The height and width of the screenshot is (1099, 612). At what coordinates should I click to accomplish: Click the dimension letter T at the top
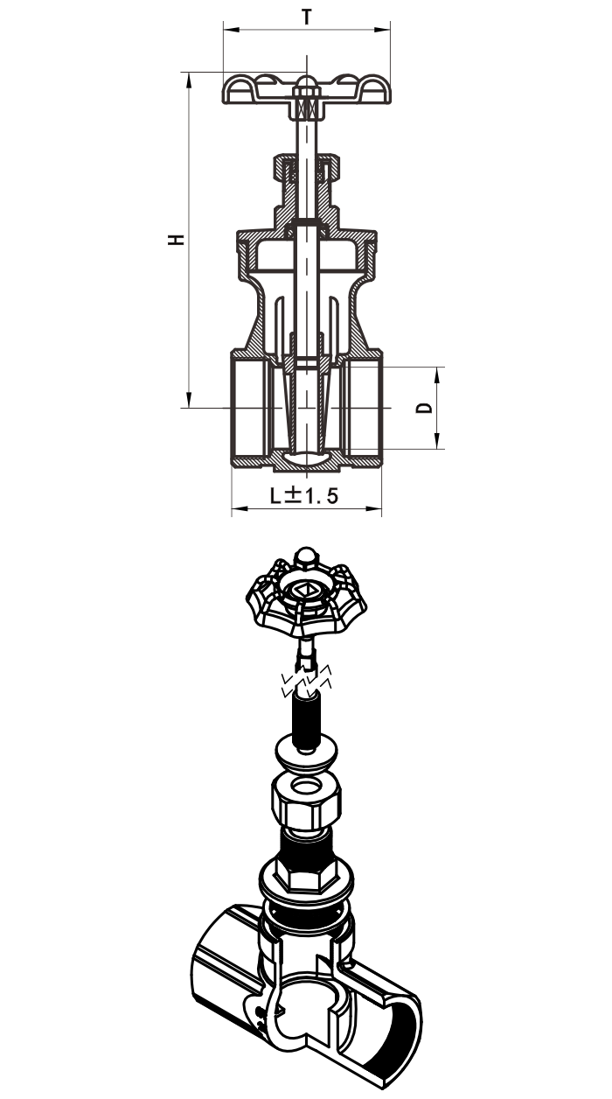pyautogui.click(x=307, y=17)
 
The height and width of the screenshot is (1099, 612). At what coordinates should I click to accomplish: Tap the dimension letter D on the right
pyautogui.click(x=424, y=408)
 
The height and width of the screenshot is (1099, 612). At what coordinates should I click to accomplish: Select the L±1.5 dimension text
pyautogui.click(x=304, y=496)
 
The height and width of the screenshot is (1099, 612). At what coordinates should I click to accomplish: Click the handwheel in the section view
pyautogui.click(x=307, y=89)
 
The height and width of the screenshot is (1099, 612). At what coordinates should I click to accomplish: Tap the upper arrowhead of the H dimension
pyautogui.click(x=189, y=80)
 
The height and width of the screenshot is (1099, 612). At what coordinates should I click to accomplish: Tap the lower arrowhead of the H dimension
pyautogui.click(x=189, y=399)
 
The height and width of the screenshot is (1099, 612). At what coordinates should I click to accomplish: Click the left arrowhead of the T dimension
pyautogui.click(x=231, y=30)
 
